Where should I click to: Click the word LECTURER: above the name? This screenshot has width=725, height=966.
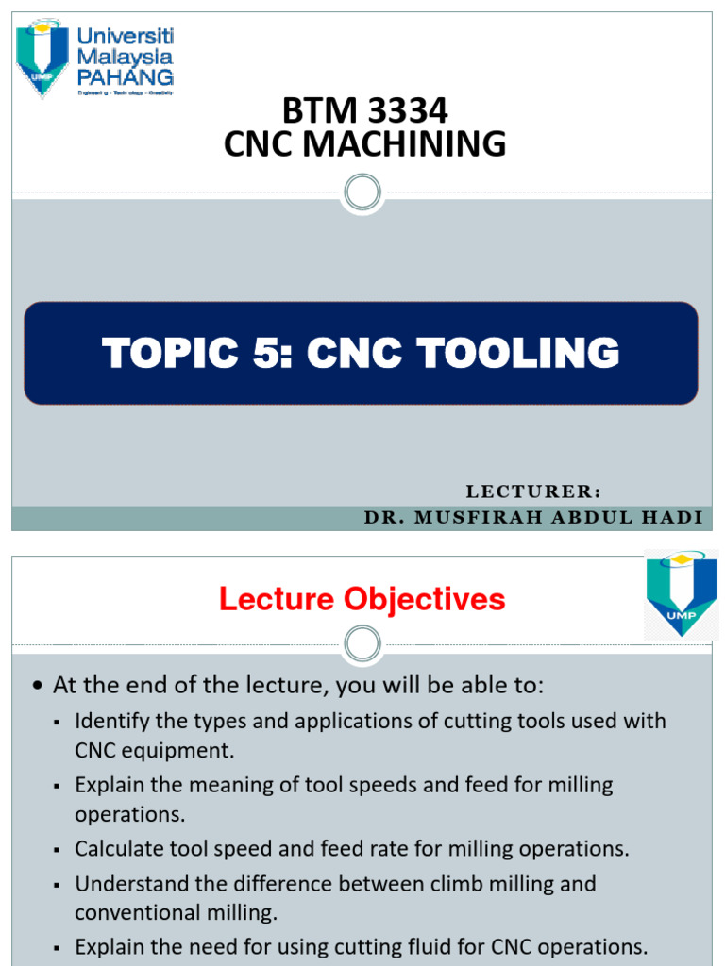pyautogui.click(x=533, y=491)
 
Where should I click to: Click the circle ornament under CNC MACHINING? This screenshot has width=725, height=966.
pyautogui.click(x=363, y=192)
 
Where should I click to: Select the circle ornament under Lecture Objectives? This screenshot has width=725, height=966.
pyautogui.click(x=363, y=645)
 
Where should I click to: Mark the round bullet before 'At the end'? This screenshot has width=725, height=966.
pyautogui.click(x=37, y=687)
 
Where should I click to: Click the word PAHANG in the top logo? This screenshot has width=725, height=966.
pyautogui.click(x=126, y=76)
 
